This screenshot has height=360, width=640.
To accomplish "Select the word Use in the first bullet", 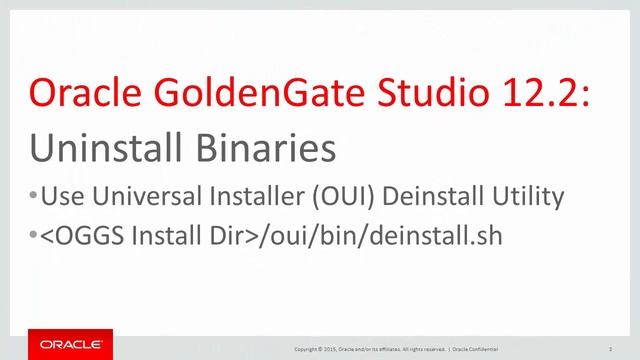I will pos(62,197).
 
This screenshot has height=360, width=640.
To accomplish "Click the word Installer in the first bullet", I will pos(250,197).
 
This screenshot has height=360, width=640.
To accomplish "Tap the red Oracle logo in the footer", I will pos(70,344).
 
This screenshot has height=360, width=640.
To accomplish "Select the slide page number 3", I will pos(609,349).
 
